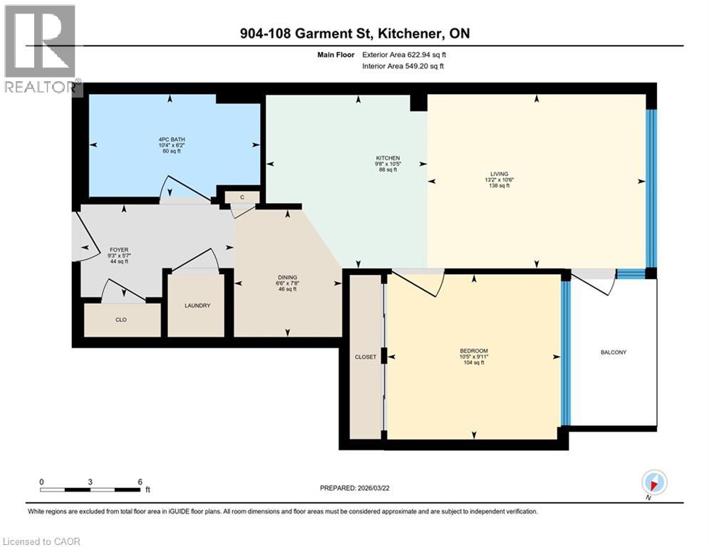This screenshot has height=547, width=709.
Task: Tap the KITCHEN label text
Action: click(x=388, y=158)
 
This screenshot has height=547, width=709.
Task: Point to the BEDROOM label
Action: click(x=473, y=351)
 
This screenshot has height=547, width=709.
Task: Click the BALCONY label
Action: click(x=612, y=352)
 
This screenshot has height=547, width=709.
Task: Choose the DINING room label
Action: click(x=287, y=278)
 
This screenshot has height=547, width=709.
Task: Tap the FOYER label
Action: click(x=118, y=249)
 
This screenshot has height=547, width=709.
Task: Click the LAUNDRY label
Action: click(x=197, y=306)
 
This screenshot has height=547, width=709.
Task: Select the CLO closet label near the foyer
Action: click(x=121, y=320)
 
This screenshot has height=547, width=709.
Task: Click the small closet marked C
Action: click(x=242, y=197)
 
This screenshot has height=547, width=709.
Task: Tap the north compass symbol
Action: click(x=654, y=482)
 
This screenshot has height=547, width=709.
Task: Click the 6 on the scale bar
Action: click(x=140, y=481)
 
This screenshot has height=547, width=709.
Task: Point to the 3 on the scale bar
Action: click(x=90, y=481)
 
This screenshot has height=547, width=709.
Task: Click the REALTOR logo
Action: click(x=41, y=50)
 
